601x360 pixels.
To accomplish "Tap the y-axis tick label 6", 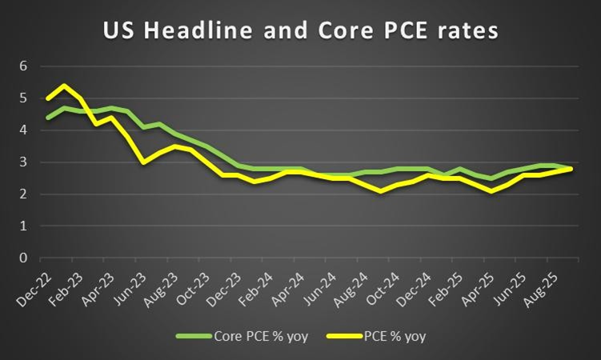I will [24, 66].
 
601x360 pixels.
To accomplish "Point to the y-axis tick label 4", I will [24, 130].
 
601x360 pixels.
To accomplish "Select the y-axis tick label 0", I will [24, 258].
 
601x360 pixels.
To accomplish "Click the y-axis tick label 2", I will [24, 194].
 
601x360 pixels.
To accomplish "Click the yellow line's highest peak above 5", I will [64, 86].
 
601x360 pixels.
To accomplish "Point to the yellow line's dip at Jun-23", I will [142, 162].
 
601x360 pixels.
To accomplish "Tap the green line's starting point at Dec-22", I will [48, 118].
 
